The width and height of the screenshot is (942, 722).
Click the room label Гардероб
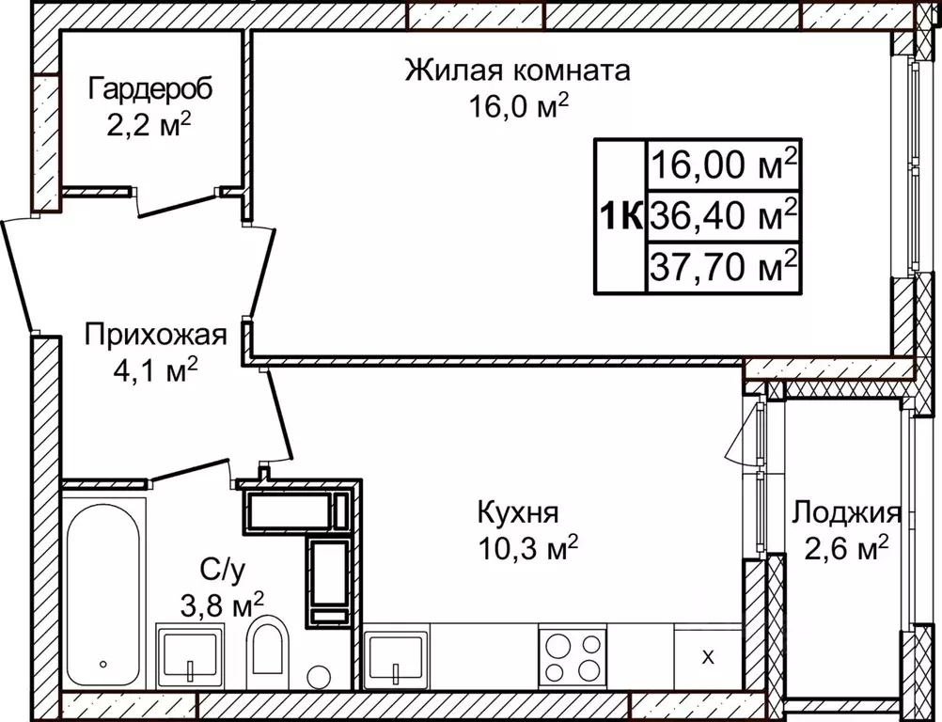pos(150,89)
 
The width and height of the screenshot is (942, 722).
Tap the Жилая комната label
pos(517,71)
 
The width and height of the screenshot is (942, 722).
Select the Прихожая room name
pos(156,335)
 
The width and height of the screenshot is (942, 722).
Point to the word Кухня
pos(518,513)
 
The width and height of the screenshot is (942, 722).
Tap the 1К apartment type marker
pos(620,217)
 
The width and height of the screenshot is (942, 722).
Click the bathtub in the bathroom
pos(103,592)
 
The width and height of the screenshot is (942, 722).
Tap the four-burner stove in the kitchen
pos(572,655)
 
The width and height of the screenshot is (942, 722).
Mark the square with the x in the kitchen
pos(708,656)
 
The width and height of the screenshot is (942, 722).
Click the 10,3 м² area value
pos(527,548)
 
